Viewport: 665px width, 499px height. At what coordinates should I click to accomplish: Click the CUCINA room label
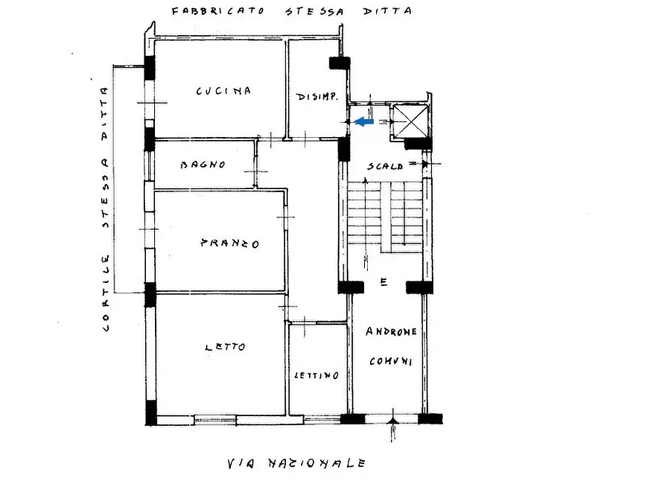[x=223, y=91]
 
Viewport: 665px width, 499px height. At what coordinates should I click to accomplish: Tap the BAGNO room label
[x=203, y=165]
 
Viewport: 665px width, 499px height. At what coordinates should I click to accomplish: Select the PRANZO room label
[x=229, y=244]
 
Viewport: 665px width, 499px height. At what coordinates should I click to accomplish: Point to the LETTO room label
[x=224, y=347]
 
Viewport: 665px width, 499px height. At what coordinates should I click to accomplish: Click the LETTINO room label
[x=316, y=375]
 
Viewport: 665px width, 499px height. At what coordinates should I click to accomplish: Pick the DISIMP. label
[x=318, y=97]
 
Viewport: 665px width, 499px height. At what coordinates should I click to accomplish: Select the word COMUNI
[x=392, y=361]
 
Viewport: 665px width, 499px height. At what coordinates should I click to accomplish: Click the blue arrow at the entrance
[x=363, y=121]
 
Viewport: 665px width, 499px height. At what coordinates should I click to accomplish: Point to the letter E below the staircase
[x=384, y=282]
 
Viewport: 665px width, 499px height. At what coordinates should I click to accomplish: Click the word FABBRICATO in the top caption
[x=216, y=11]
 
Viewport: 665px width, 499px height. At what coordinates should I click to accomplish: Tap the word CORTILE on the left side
[x=107, y=294]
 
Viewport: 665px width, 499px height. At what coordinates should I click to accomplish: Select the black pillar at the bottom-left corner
[x=151, y=413]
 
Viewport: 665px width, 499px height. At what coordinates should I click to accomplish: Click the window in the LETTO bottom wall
[x=215, y=419]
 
